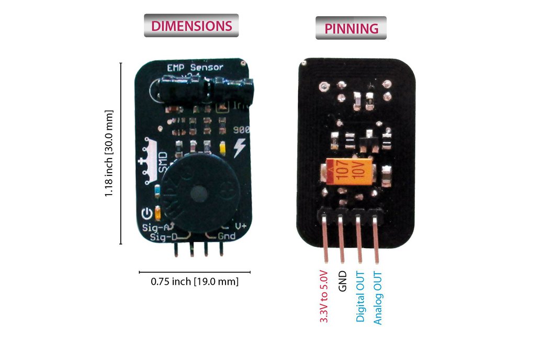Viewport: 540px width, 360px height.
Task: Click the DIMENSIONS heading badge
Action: [191, 26]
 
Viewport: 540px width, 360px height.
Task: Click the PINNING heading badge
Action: [351, 28]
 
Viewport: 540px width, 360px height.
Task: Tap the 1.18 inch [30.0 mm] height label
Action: [109, 153]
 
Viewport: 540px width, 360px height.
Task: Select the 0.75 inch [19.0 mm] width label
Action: [195, 282]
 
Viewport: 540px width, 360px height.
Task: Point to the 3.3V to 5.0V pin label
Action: [323, 296]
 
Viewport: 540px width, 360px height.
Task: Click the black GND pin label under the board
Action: [343, 281]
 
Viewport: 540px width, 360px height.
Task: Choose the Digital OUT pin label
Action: [360, 296]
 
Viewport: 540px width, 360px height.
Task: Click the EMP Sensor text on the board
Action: [195, 67]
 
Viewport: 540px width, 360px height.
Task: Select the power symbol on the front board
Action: [147, 213]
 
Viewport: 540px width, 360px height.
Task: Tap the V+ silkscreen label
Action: [241, 227]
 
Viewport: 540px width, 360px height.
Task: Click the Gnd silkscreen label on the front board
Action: [227, 237]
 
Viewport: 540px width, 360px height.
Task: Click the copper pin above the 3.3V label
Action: [325, 241]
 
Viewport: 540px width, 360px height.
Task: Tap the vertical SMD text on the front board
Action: [163, 162]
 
